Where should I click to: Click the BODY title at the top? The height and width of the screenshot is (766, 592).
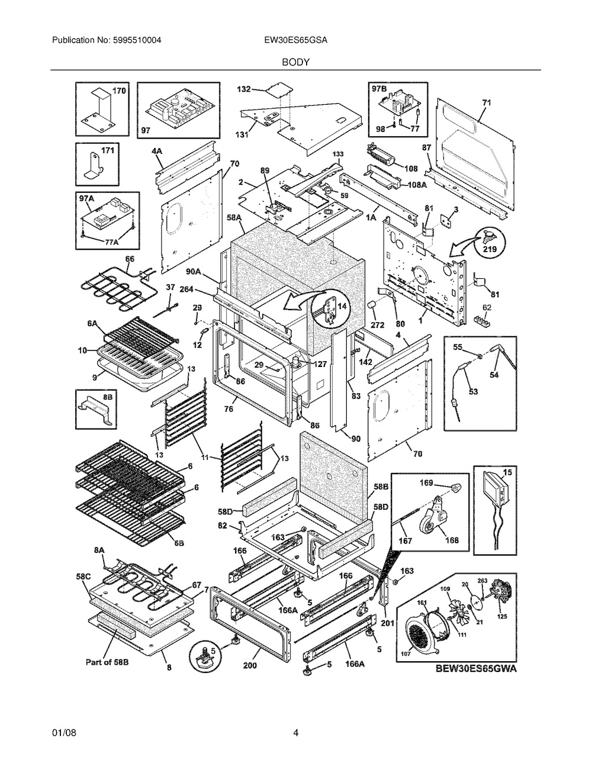click(295, 62)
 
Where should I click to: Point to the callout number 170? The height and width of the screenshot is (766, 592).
click(119, 91)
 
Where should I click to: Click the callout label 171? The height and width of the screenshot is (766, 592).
click(107, 151)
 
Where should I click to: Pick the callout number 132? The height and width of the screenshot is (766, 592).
click(244, 89)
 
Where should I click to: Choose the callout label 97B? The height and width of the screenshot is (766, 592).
click(379, 89)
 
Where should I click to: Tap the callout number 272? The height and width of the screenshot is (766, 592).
click(378, 325)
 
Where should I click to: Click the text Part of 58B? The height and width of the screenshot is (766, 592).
click(107, 662)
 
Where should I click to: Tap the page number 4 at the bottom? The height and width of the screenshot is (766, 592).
click(295, 733)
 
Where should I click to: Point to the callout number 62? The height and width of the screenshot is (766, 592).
click(487, 308)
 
